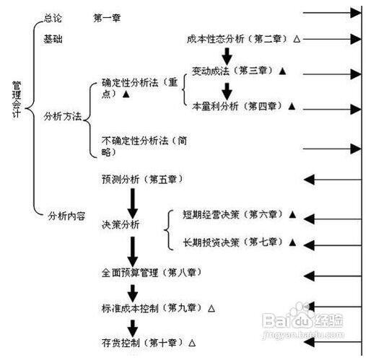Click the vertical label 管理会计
17,100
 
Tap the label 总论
53,18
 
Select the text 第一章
107,18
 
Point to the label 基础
53,39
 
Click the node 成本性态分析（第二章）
238,39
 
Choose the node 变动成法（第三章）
232,71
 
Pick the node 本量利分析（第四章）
238,106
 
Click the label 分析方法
63,116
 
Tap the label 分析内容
66,216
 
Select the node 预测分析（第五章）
142,179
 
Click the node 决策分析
121,224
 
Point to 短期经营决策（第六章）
233,214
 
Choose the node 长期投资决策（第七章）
233,242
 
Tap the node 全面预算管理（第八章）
152,273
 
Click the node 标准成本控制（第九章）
152,308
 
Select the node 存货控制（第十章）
142,343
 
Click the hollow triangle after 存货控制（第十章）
192,343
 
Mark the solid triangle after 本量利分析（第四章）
292,106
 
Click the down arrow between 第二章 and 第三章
227,57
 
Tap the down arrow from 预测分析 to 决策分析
133,203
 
